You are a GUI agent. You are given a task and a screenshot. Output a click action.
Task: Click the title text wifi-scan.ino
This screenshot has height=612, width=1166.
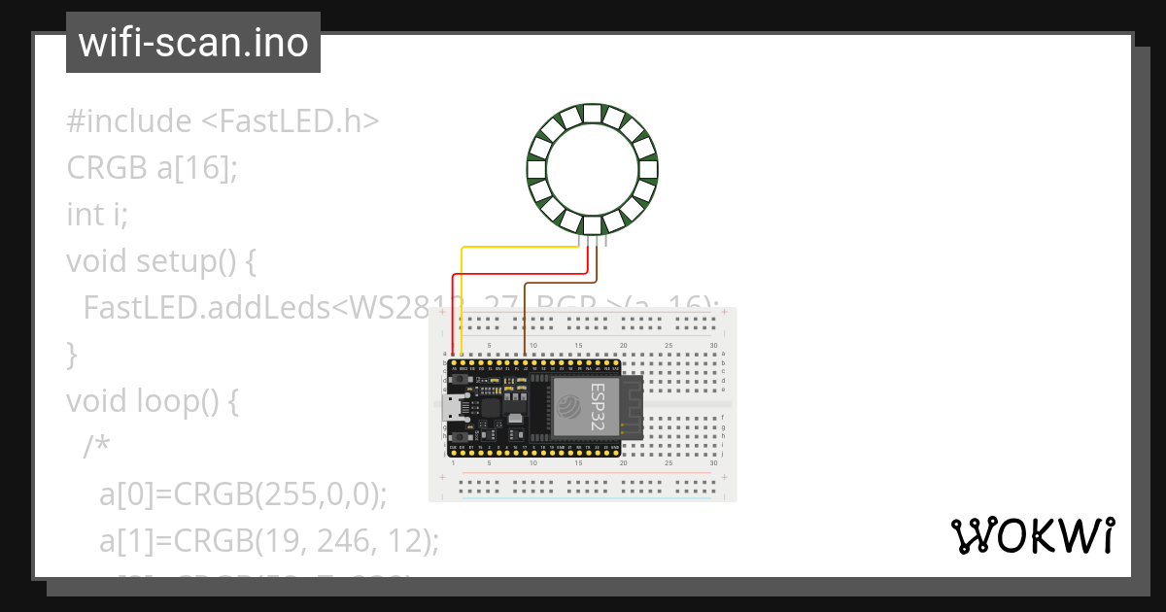(x=192, y=43)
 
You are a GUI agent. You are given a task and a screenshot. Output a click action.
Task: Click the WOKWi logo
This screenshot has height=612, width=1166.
(x=1032, y=536)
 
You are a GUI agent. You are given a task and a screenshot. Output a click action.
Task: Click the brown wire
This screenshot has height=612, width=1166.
(x=526, y=311)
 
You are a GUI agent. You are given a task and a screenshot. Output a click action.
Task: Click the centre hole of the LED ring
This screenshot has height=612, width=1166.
(x=593, y=169)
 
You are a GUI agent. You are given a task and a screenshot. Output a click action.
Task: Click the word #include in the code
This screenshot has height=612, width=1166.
(x=129, y=121)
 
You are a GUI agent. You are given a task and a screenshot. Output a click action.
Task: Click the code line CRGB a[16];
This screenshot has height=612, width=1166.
(x=152, y=168)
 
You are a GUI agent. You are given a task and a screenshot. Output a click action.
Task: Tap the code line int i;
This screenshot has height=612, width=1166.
(x=97, y=214)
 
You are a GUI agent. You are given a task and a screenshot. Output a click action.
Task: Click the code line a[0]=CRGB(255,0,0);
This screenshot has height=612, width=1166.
(x=243, y=493)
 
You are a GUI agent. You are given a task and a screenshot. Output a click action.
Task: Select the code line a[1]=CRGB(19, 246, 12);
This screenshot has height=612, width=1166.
(x=269, y=540)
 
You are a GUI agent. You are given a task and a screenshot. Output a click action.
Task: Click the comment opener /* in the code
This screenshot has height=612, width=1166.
(x=97, y=447)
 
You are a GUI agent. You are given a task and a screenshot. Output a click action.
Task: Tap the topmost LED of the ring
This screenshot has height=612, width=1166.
(x=593, y=113)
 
